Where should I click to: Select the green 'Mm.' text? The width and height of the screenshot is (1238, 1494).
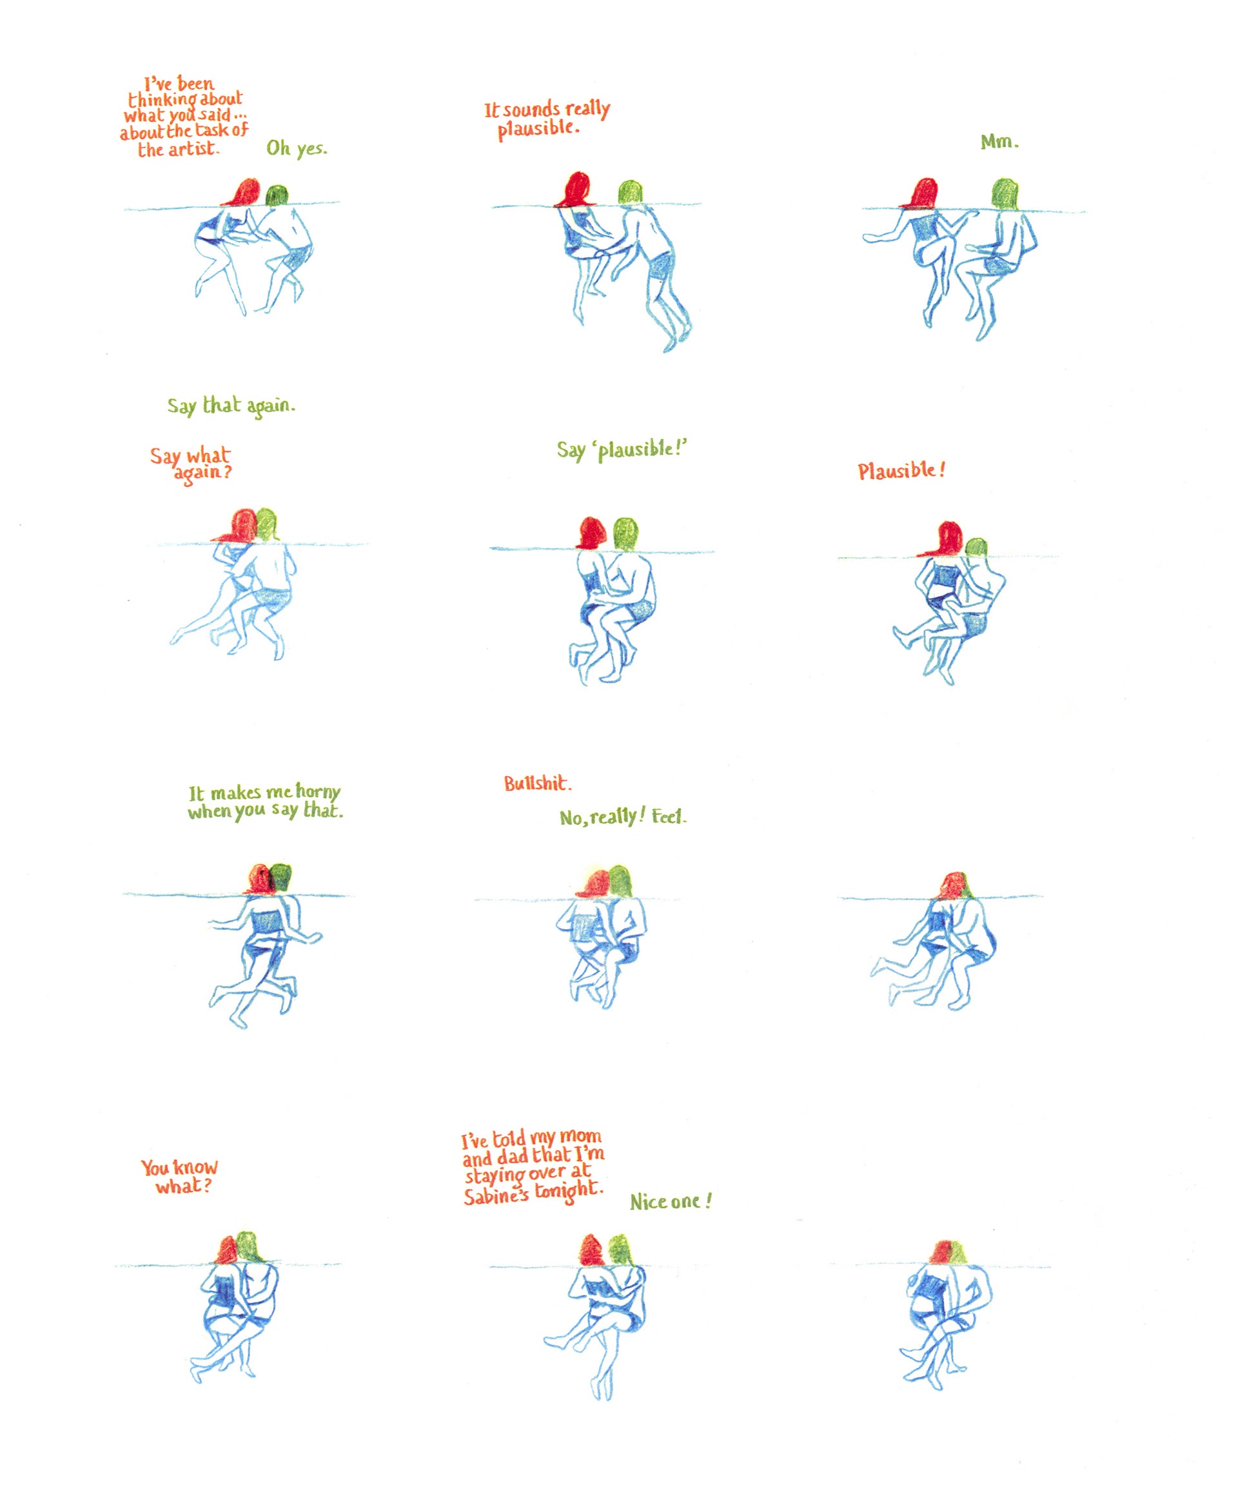click(x=999, y=142)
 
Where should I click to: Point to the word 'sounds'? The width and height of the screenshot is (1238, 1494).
click(x=531, y=110)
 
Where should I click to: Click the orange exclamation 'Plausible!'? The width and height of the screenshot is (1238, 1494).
click(x=901, y=470)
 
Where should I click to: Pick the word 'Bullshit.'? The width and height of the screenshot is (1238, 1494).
click(x=537, y=783)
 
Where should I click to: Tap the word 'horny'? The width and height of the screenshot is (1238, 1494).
click(x=318, y=792)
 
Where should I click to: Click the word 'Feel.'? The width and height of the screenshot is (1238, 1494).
click(x=669, y=816)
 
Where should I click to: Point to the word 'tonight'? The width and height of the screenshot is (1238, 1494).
click(x=569, y=1190)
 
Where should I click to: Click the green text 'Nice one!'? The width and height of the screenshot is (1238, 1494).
click(x=670, y=1202)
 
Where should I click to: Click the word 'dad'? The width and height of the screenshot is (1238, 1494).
click(x=512, y=1157)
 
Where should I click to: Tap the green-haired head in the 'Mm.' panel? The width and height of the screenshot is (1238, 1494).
click(x=1004, y=193)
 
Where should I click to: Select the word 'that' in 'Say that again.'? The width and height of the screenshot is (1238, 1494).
click(x=221, y=405)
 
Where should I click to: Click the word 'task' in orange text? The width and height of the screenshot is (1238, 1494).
click(x=212, y=130)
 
